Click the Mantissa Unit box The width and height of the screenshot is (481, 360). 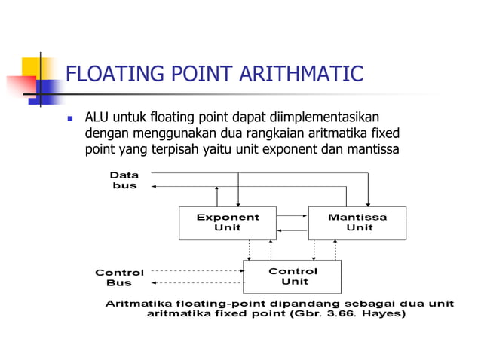click(x=357, y=222)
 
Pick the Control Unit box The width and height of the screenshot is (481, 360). click(x=293, y=276)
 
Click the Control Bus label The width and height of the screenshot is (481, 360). click(x=119, y=277)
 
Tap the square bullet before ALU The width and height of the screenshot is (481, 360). click(x=69, y=119)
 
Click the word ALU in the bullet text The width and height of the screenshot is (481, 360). click(x=97, y=117)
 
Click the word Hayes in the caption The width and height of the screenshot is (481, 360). click(x=384, y=314)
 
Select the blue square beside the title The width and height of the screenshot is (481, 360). click(x=50, y=90)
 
